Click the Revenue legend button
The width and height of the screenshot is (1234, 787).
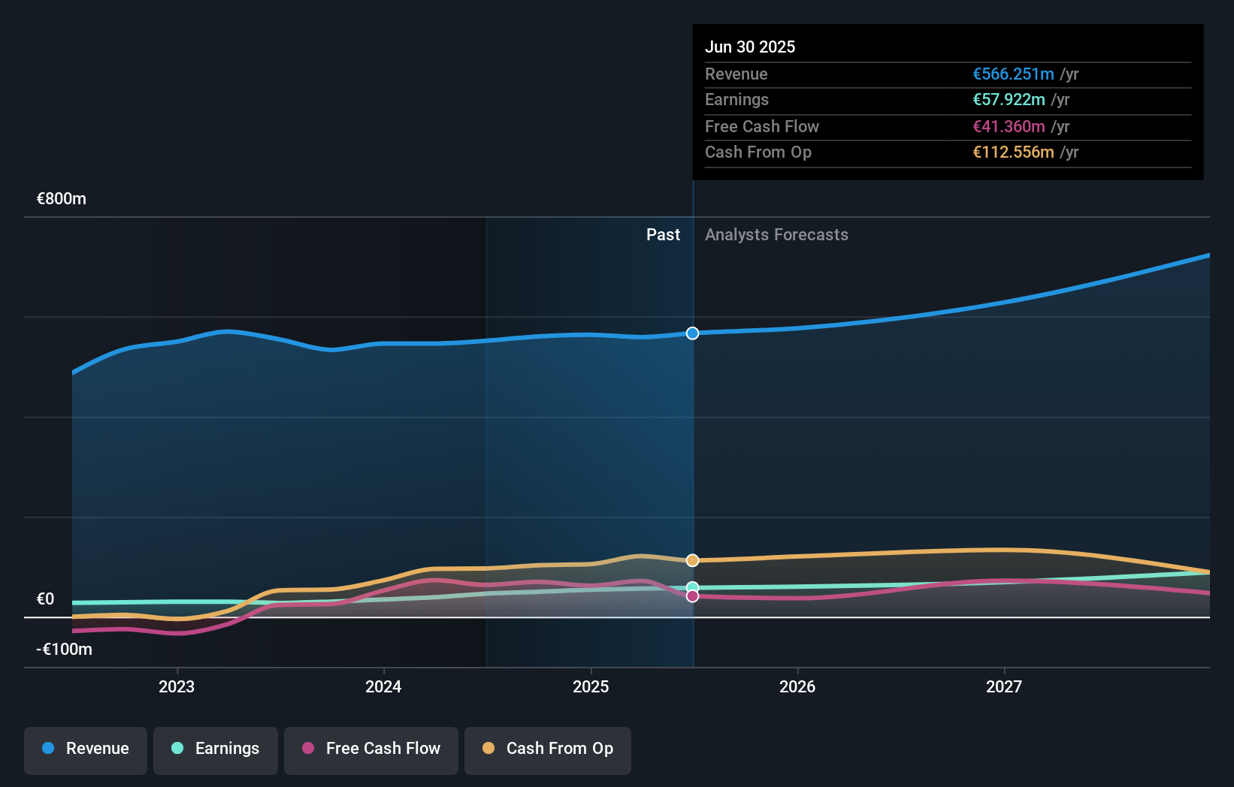click(x=86, y=749)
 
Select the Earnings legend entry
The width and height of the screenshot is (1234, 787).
click(x=216, y=749)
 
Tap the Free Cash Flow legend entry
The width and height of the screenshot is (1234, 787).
click(x=371, y=749)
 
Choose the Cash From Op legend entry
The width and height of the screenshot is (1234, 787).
click(x=548, y=749)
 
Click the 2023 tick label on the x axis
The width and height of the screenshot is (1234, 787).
click(x=177, y=686)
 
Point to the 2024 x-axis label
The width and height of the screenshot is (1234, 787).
click(x=383, y=686)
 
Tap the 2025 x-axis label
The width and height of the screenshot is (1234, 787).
click(x=591, y=686)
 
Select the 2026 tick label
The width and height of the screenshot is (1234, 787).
click(x=797, y=686)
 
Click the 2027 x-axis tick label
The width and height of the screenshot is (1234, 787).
click(x=1004, y=686)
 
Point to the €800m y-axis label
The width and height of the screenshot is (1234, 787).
click(x=62, y=199)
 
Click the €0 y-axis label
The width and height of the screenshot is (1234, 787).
click(x=46, y=599)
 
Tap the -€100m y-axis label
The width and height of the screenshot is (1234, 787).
click(x=65, y=650)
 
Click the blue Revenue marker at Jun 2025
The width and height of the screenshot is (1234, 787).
click(x=692, y=333)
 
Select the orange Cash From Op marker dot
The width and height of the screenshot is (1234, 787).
click(x=692, y=560)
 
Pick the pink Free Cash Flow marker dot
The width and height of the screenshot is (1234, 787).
click(x=692, y=596)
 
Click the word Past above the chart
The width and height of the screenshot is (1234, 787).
click(x=663, y=235)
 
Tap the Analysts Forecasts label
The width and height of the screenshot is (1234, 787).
click(x=776, y=235)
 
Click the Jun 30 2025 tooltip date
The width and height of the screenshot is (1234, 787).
click(x=750, y=47)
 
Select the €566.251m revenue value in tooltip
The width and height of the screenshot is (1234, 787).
click(x=1013, y=74)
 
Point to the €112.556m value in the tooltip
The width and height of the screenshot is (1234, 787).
click(x=1013, y=152)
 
